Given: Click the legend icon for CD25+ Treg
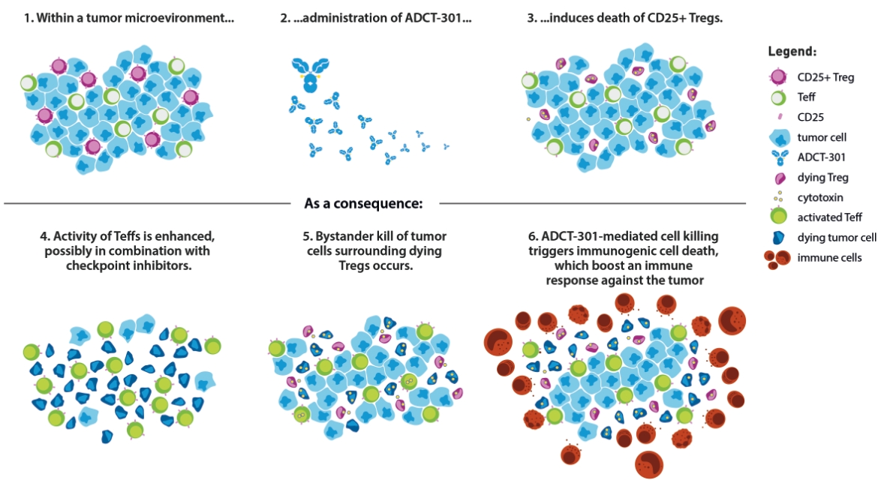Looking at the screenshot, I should [778, 76].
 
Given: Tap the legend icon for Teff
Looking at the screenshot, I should [778, 97].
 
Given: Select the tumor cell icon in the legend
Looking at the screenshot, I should [778, 136].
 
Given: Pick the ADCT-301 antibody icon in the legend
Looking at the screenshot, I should [778, 157].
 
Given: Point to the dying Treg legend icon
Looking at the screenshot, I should [778, 178].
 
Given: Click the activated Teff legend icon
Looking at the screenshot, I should [778, 217].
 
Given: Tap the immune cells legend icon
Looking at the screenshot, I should [779, 258].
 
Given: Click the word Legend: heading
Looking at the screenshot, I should [792, 52].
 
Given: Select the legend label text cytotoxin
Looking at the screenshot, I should [821, 198].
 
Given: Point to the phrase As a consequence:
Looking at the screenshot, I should [364, 202].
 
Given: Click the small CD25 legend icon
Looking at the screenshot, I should [778, 117].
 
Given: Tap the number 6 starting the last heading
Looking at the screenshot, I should [531, 236].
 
